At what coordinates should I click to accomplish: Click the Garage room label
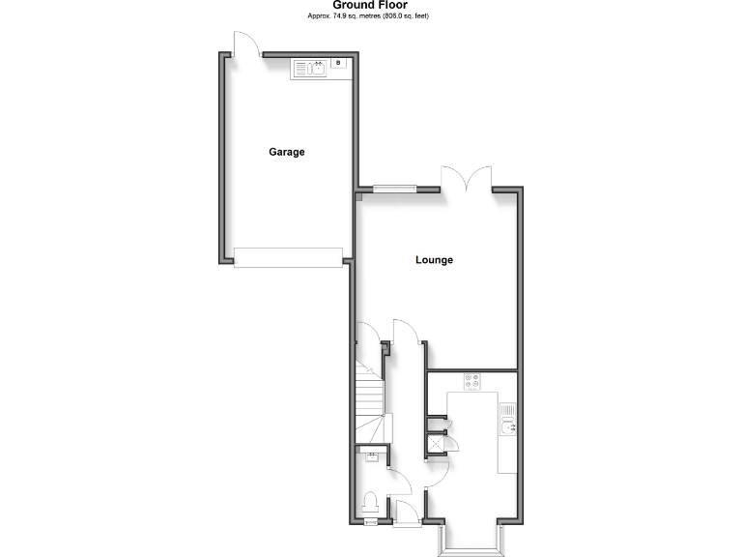tap(287, 152)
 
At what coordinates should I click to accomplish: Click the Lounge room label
tap(434, 260)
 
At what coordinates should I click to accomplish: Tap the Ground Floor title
tap(370, 5)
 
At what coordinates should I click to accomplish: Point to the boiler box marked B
tap(337, 63)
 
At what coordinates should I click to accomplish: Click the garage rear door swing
tap(245, 44)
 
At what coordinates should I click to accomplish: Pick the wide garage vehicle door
tap(288, 256)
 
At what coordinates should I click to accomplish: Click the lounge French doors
tap(468, 179)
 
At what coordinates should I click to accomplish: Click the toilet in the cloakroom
tap(369, 504)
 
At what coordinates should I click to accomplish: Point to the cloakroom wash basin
tap(372, 457)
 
